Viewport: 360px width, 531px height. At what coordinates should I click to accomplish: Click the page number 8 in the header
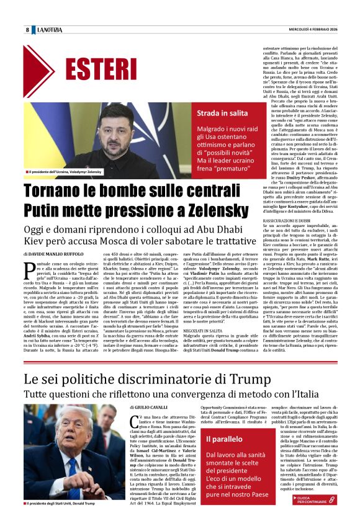tap(27, 30)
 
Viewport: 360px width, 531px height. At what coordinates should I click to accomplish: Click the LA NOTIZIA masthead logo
tap(50, 30)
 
